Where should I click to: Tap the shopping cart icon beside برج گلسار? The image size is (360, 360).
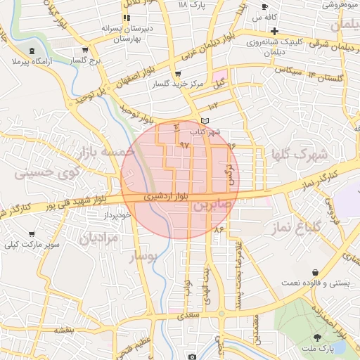click(x=85, y=50)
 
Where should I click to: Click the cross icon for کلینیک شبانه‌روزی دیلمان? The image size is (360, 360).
click(x=274, y=31)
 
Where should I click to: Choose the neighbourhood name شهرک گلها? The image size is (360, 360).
click(x=298, y=154)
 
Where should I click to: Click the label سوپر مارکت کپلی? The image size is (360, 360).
click(x=32, y=245)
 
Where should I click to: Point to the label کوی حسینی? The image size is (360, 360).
click(x=41, y=170)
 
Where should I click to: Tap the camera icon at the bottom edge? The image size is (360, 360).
click(x=193, y=356)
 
